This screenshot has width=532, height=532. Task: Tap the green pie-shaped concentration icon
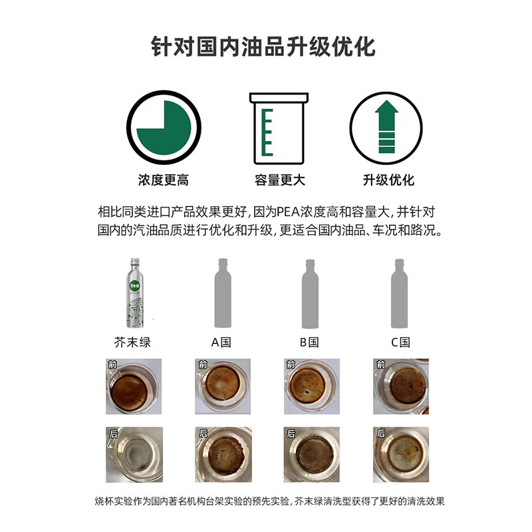[x=164, y=126]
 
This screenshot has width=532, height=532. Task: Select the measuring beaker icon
[x=279, y=126]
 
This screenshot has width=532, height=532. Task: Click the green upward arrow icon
[x=386, y=126]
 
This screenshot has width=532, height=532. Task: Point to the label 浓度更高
[x=164, y=180]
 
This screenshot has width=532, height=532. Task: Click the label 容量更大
[x=279, y=180]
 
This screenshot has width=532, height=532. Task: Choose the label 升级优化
[x=388, y=180]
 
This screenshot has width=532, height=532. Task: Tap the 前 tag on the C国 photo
[x=380, y=365]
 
